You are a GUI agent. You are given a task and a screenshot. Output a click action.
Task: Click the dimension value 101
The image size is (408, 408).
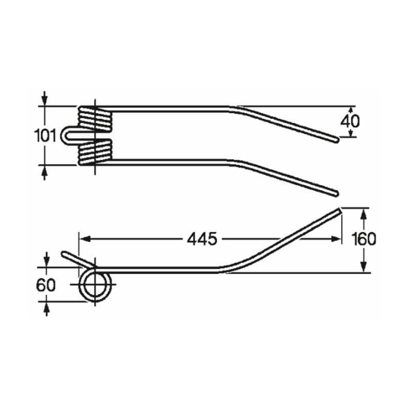pos(45,136)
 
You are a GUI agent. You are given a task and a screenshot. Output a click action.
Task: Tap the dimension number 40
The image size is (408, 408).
pos(350,121)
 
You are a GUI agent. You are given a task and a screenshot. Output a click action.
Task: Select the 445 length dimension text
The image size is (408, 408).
pos(202,239)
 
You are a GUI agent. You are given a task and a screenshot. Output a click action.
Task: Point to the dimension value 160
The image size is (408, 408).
pos(364,239)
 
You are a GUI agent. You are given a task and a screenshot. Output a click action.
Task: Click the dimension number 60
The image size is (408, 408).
pos(46,285)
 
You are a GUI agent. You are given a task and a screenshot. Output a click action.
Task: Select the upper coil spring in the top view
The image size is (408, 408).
pos(95,118)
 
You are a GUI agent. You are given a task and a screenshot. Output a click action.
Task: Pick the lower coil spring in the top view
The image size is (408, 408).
pos(95,152)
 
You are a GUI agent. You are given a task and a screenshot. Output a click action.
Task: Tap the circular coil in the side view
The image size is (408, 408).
pos(95,285)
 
